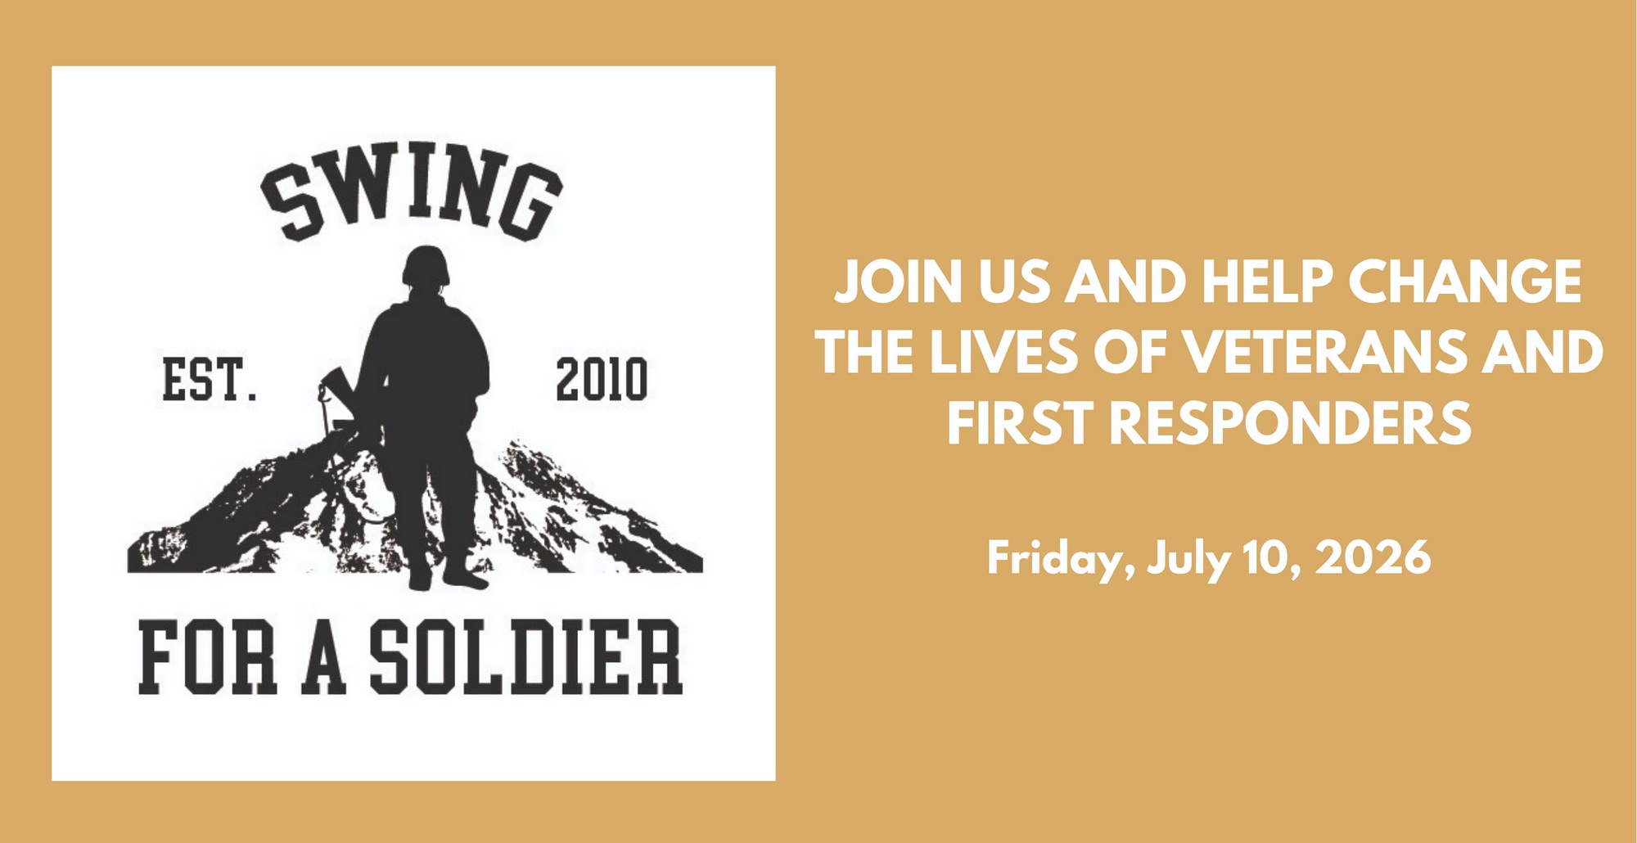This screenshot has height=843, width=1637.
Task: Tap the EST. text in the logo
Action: (x=210, y=379)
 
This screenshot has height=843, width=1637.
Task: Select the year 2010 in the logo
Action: (x=602, y=379)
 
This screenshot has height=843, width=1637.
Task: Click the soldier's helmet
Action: (x=426, y=266)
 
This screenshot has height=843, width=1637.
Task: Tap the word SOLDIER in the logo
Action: (x=525, y=657)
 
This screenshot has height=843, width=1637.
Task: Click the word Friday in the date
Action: (x=1061, y=560)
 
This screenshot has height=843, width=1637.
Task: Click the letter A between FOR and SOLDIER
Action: (x=323, y=657)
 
